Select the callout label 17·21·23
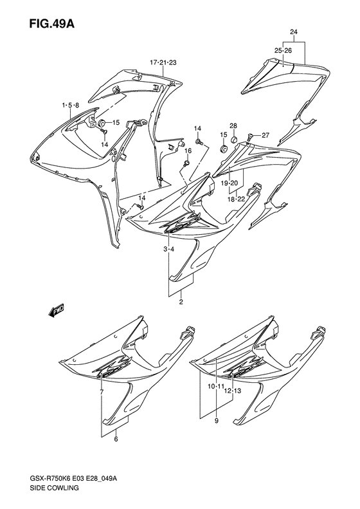point(163,62)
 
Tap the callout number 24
point(294,32)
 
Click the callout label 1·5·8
point(70,105)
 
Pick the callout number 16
point(188,151)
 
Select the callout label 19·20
point(230,183)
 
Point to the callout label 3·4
point(168,249)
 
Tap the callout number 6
point(116,440)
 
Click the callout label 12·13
point(233,391)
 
